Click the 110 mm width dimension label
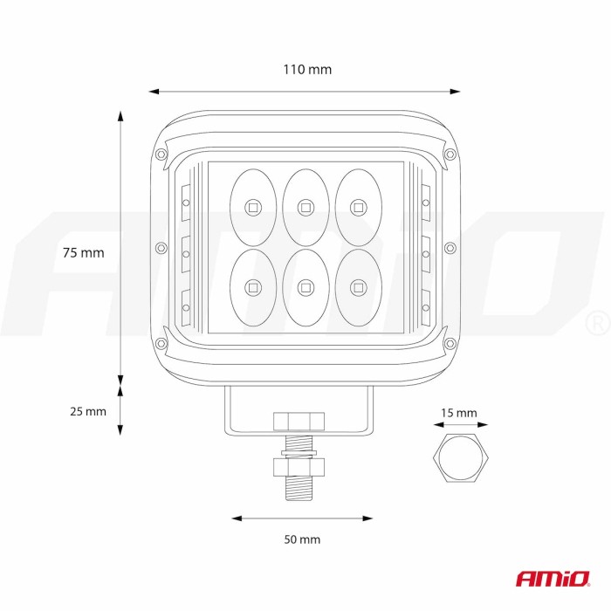coord(307,69)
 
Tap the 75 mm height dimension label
coord(84,252)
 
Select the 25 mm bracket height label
coord(88,411)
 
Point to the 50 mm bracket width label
coord(302,539)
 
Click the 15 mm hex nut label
coord(458,413)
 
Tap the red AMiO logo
coord(553,579)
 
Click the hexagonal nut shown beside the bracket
coord(461,457)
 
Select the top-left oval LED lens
coord(253,208)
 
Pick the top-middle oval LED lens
coord(305,208)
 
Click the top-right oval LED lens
coord(359,208)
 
